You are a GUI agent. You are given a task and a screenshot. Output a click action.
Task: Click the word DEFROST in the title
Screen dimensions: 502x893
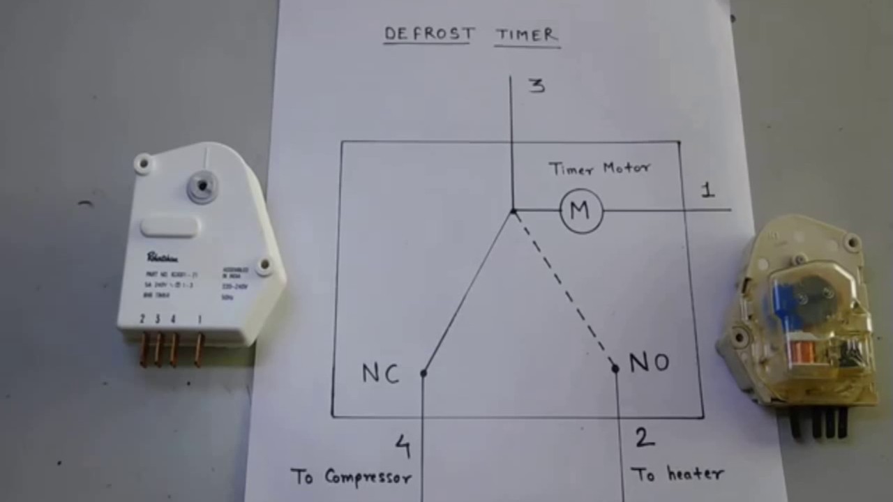pos(429,33)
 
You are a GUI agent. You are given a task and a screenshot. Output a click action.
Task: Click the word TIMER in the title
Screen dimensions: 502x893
pos(527,35)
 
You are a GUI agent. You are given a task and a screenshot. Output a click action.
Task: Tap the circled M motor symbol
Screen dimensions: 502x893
pos(581,210)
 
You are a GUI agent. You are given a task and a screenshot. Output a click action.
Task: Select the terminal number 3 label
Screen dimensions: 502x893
pos(536,86)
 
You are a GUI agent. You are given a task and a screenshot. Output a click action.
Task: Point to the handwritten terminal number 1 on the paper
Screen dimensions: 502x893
pos(708,190)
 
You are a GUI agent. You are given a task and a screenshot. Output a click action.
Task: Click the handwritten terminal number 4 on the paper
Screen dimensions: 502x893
pos(403,446)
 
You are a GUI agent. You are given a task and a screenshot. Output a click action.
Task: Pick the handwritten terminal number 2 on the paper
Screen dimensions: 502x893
pos(644,438)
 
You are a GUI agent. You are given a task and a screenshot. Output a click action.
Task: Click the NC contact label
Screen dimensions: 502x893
pos(380,374)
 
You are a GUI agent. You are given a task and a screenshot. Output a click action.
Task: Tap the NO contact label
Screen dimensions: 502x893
pos(649,363)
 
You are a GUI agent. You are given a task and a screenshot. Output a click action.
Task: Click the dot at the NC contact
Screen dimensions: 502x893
pos(423,374)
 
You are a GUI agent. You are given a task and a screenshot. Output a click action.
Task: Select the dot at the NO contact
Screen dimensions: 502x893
pos(615,368)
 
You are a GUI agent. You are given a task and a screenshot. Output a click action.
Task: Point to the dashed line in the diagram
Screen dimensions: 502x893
pos(564,289)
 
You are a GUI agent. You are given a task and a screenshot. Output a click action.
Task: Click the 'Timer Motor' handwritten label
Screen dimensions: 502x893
pos(599,168)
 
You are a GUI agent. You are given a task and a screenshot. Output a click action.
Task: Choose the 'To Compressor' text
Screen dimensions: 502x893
pos(351,477)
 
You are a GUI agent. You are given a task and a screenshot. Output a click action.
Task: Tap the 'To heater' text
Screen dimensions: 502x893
pos(677,474)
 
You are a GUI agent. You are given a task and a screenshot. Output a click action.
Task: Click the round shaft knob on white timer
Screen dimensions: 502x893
pos(202,186)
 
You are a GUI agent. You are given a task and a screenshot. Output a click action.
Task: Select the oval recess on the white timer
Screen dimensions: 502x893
pos(170,227)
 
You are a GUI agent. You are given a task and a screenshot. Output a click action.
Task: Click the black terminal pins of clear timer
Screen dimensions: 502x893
pos(820,423)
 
